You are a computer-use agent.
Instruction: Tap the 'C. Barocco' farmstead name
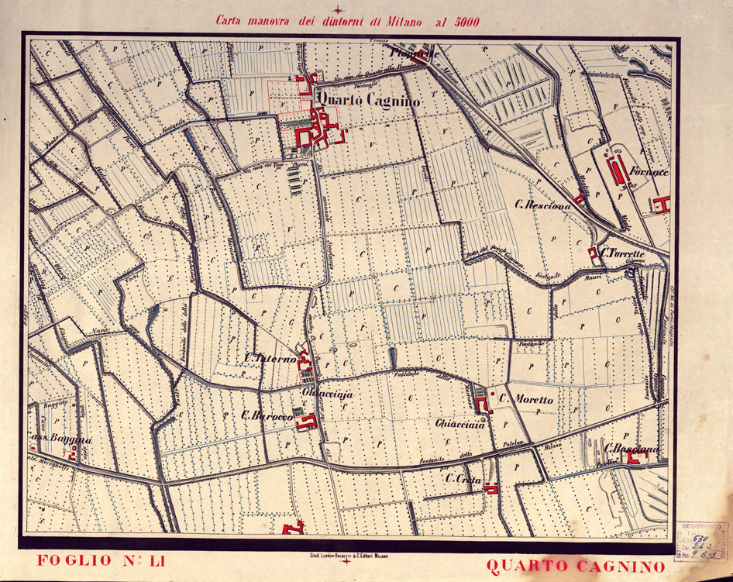(x=267, y=416)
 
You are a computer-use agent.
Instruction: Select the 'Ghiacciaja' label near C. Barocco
(x=327, y=395)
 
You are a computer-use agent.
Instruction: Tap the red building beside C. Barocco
(x=308, y=422)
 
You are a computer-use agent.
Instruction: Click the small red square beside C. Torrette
(x=593, y=252)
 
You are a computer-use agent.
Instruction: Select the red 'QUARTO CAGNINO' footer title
(x=575, y=567)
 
